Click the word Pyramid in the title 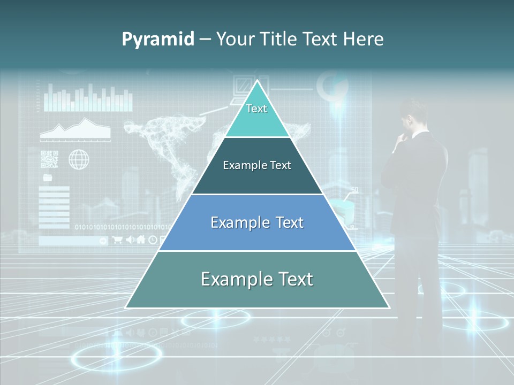tap(158, 39)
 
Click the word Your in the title tap(235, 39)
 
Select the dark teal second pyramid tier tap(257, 166)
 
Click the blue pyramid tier tap(257, 222)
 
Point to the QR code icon tap(49, 159)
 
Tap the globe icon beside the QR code tap(79, 159)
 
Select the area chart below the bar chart tap(75, 130)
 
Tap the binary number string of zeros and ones tap(123, 227)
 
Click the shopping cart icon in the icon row tap(118, 240)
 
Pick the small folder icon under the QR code tap(48, 177)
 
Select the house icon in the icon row tap(141, 240)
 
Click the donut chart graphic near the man tap(332, 86)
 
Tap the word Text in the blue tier tap(284, 222)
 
